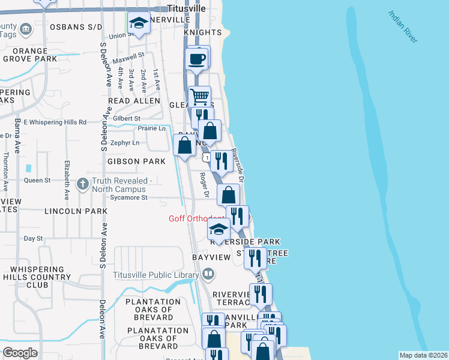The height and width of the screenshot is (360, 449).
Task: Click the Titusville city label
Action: coord(187,9)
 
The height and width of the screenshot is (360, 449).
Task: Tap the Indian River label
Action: coord(403,26)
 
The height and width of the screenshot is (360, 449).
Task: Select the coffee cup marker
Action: coord(197,59)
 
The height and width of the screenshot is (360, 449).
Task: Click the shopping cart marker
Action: coord(199,96)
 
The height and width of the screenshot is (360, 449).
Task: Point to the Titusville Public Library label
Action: coord(155,275)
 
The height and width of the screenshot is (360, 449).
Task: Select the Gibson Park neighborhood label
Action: coord(136,161)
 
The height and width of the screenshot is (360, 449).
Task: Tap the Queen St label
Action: coord(37,179)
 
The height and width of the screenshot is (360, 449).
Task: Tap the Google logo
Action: coord(20,353)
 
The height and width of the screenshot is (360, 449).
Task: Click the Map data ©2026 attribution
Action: coord(423,355)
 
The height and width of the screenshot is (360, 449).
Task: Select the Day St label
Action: coord(33,238)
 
